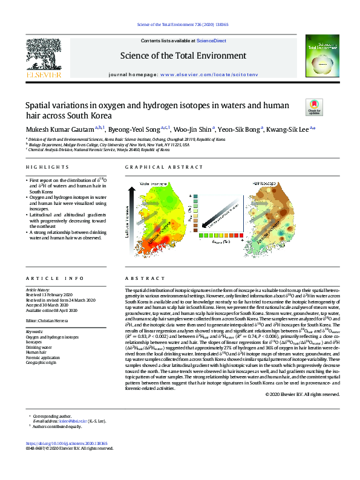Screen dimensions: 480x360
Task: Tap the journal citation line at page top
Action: tap(180, 25)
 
